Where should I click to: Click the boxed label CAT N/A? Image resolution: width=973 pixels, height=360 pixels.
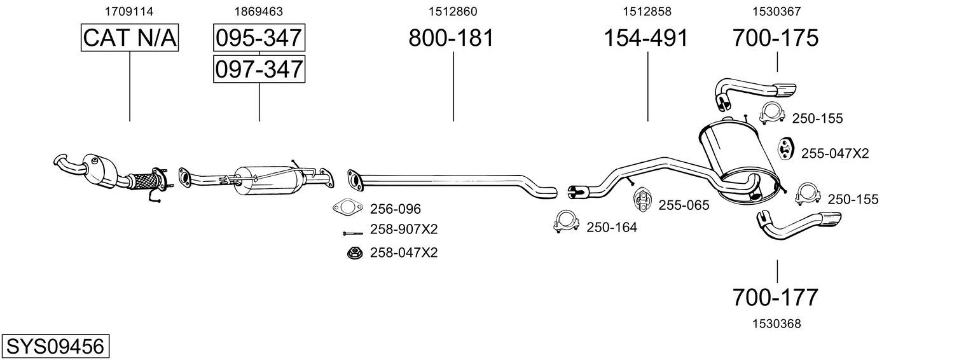pos(130,38)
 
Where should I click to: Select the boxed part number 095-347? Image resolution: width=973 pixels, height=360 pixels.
pos(259,38)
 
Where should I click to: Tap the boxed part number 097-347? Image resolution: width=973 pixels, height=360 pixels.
pos(259,69)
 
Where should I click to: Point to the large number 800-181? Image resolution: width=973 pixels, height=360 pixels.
pos(451,38)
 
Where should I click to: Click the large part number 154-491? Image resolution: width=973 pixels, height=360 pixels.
pos(645,38)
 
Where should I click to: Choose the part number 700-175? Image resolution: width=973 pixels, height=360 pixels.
pos(775,38)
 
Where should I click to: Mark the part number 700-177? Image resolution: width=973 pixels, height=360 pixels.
pos(775,296)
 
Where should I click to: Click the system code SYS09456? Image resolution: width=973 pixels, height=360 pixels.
pos(55,347)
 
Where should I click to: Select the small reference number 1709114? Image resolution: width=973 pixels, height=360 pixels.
pos(129,11)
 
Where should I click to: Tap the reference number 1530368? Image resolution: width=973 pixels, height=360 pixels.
pos(776,324)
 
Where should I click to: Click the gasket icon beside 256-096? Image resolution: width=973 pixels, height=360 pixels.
pos(345,207)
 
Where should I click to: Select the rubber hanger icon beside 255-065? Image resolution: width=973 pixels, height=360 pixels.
pos(641,200)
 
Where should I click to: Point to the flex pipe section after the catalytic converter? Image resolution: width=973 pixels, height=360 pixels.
pos(145,180)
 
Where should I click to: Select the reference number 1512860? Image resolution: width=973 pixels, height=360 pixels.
pos(452,11)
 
